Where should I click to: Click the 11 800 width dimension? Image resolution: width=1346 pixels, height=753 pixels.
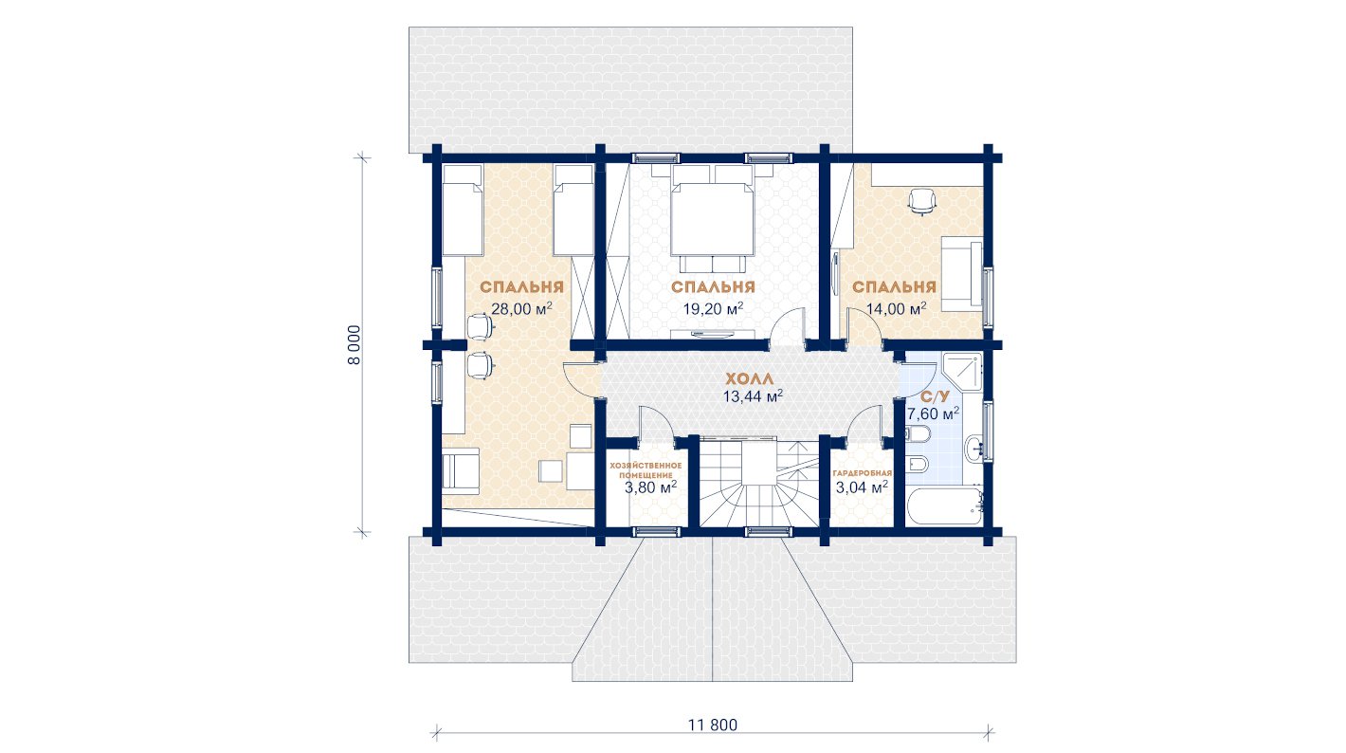713,725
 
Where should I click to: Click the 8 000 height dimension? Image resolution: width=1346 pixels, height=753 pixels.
354,345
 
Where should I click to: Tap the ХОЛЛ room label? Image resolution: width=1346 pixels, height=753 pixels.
749,379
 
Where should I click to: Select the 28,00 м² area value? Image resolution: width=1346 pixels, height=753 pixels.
521,308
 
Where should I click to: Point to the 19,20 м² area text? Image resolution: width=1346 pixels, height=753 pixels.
713,308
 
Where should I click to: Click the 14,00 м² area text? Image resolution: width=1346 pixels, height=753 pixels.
896,308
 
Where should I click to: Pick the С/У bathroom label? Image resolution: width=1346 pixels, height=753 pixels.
935,396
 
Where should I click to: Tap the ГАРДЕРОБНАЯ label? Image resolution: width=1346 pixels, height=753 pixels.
862,473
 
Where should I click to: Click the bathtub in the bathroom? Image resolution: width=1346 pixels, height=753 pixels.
944,506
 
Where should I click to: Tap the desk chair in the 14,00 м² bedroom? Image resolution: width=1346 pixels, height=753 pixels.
921,201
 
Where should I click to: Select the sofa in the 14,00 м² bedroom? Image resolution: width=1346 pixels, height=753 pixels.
961,274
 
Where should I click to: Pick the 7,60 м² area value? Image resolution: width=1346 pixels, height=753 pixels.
933,413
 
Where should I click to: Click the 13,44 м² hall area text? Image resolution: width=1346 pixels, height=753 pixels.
753,396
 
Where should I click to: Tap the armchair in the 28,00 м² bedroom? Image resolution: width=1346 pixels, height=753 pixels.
461,471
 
